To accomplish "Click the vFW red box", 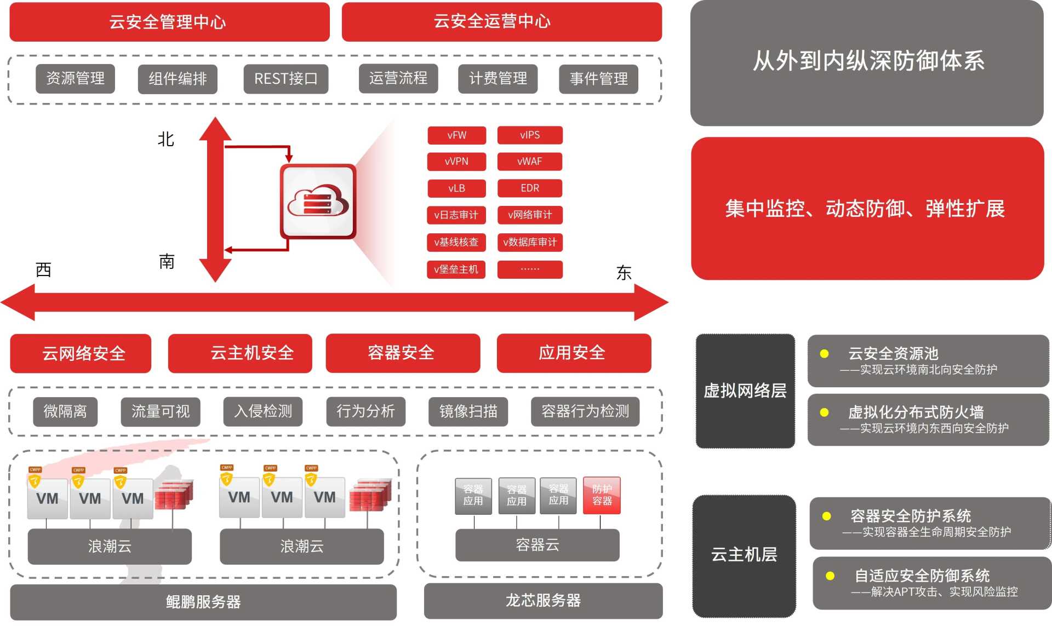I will coord(456,135).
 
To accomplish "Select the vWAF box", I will coord(529,162).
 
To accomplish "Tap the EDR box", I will coord(529,188).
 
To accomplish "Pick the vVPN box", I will coord(456,162).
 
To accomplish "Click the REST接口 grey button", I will coord(285,79).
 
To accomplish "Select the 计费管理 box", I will coord(498,79).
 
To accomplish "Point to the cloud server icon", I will coord(318,202).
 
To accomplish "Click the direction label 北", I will coord(165,140).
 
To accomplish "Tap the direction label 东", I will coord(624,273).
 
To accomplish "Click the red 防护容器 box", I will coord(602,495).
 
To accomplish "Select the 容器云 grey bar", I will coord(537,545).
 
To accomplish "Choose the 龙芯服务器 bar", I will coord(543,601).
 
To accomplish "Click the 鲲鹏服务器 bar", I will coord(203,602).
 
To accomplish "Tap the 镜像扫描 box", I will coord(468,411).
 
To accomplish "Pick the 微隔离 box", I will coord(65,411).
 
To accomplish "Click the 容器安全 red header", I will coord(402,353).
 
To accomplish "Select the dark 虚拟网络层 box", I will coord(745,390).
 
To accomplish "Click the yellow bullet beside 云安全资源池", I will coord(824,354).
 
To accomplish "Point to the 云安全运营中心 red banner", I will coord(501,22).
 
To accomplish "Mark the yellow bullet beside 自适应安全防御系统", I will coord(830,576).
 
